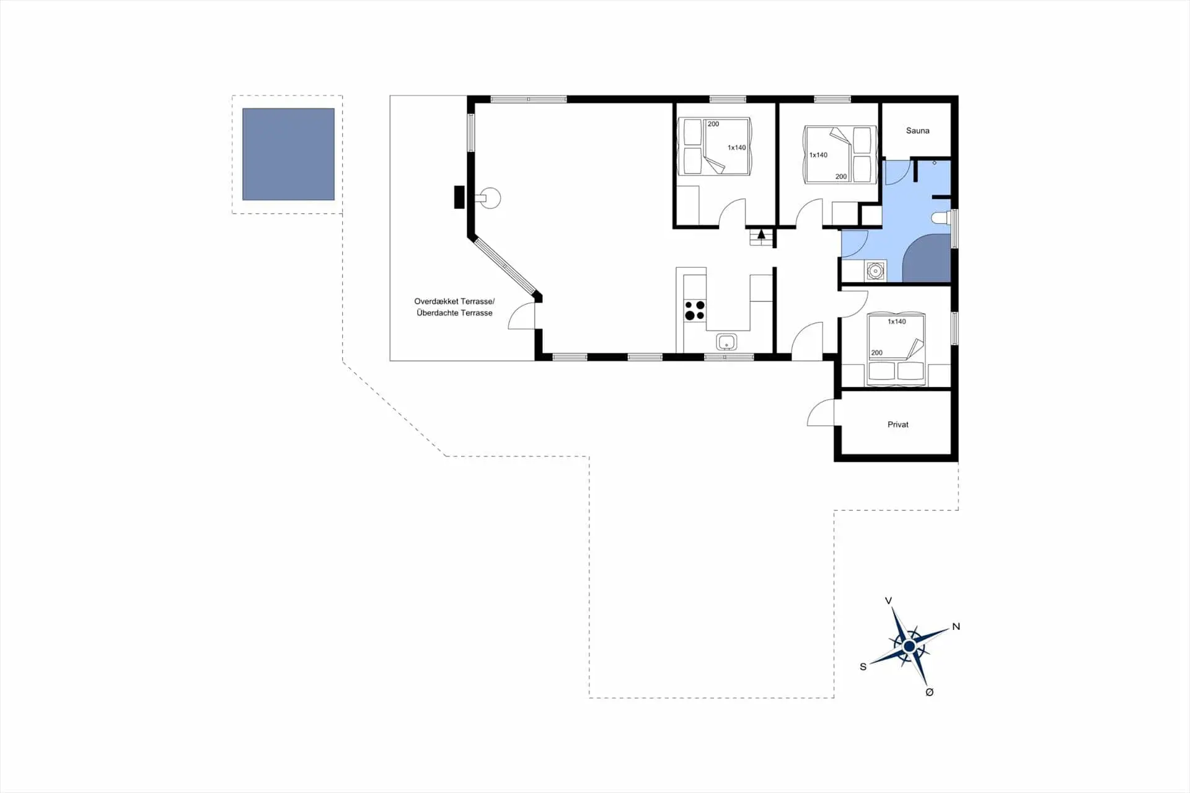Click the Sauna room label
(x=917, y=131)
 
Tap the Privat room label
(x=897, y=425)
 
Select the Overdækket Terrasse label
(x=454, y=301)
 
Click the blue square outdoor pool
(x=288, y=154)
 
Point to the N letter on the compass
(x=956, y=627)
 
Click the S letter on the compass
(x=863, y=667)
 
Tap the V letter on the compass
(x=888, y=601)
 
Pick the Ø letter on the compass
(x=929, y=693)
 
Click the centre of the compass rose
(x=909, y=647)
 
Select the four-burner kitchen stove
(x=695, y=310)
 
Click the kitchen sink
(x=726, y=342)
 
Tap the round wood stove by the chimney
(x=491, y=198)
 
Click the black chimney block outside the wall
(x=459, y=197)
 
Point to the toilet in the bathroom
(x=940, y=218)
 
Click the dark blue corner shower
(x=927, y=259)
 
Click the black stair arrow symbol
(x=761, y=234)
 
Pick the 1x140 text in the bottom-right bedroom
(x=896, y=322)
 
